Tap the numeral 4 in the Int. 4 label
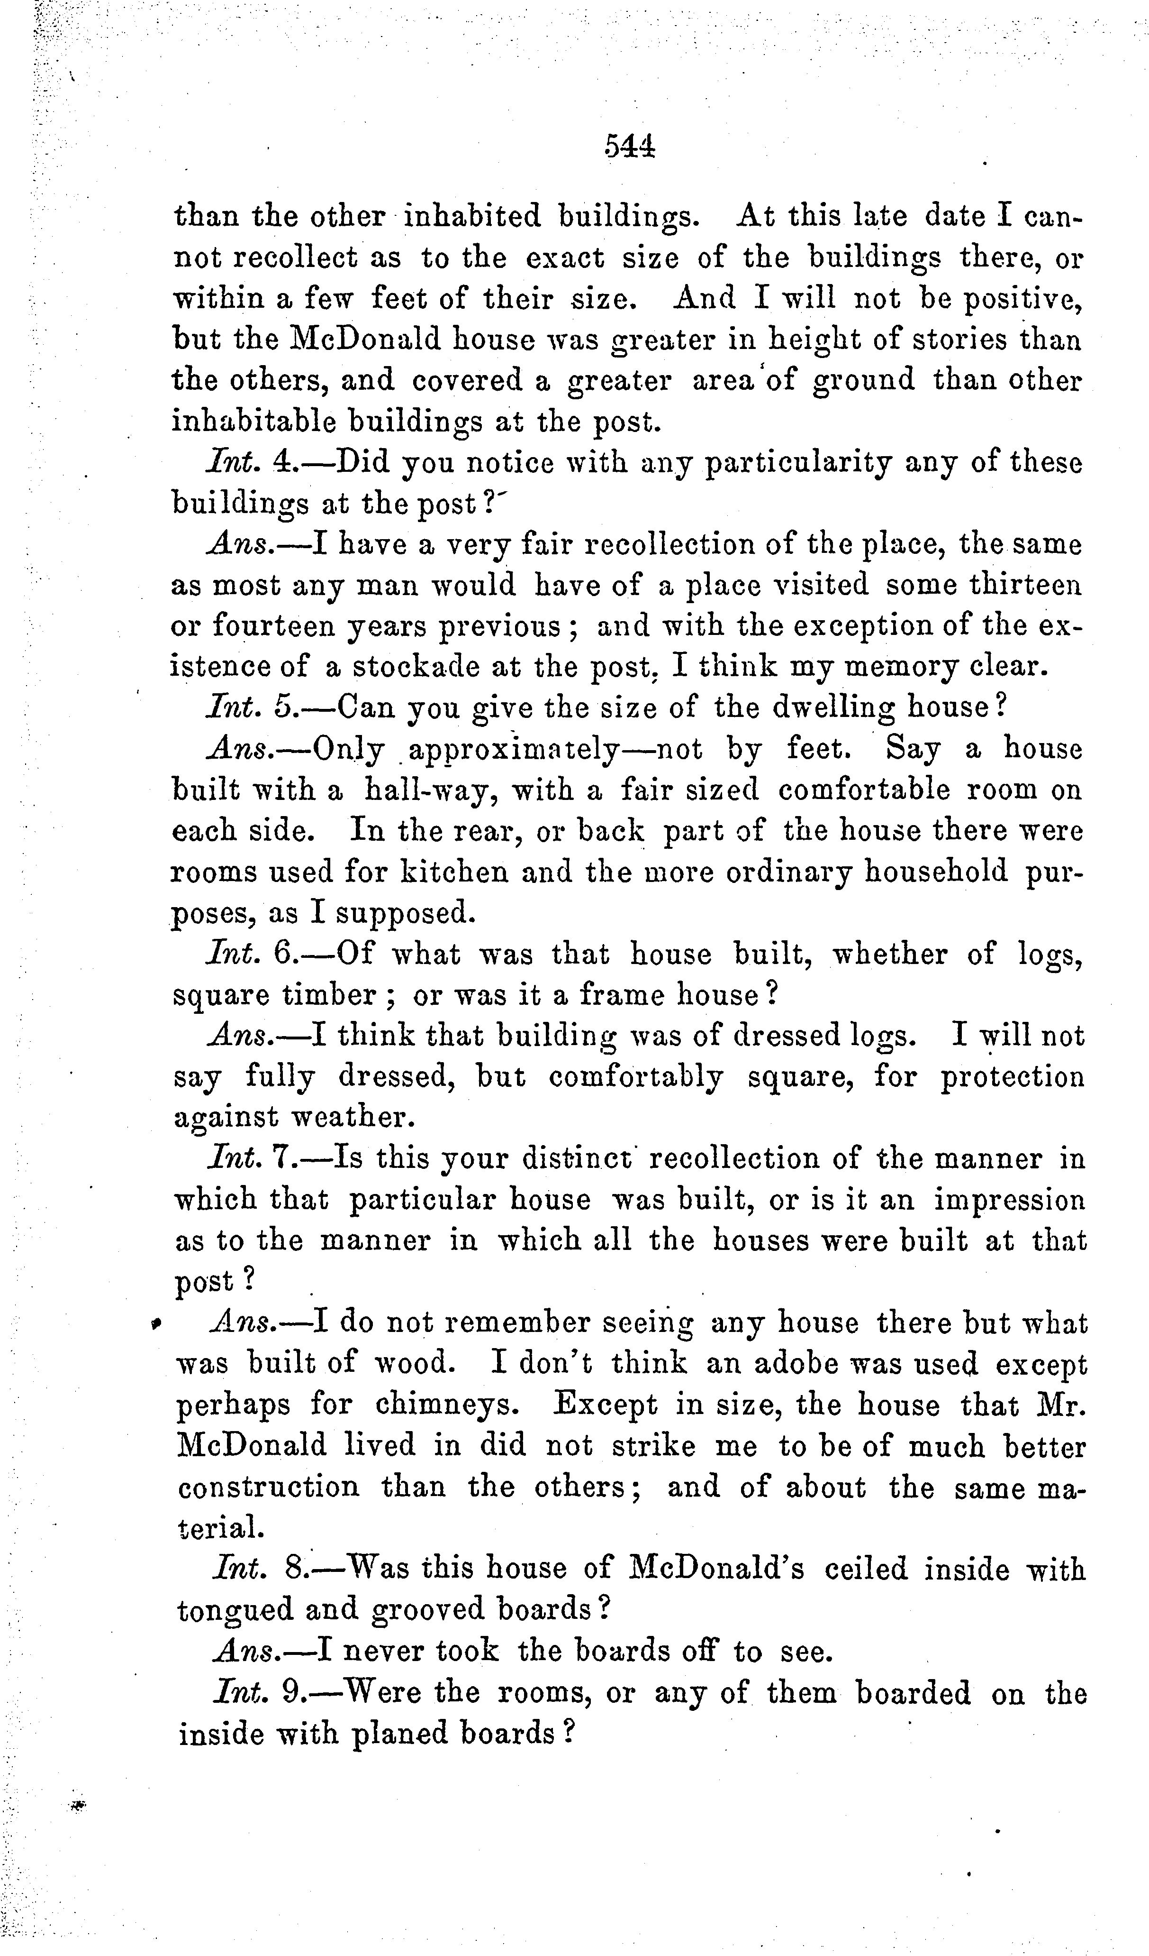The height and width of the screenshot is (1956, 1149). coord(281,463)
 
